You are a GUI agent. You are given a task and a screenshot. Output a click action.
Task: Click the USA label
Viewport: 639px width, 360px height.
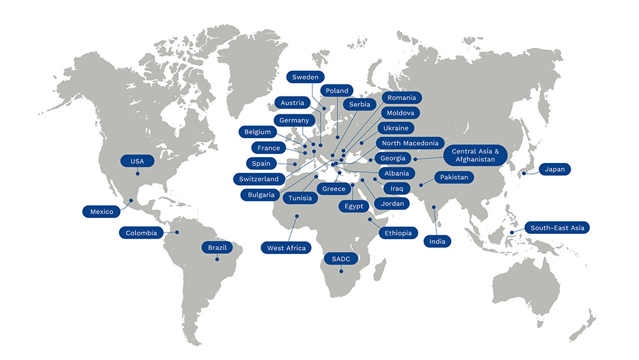coord(137,161)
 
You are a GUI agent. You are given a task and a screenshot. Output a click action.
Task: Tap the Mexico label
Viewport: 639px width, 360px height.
coord(102,211)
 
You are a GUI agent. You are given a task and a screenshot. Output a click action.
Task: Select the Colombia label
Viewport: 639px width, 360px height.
coord(141,233)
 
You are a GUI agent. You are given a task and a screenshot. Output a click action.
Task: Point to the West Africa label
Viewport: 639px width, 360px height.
coord(286,247)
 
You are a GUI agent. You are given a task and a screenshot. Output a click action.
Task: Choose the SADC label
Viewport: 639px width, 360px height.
coord(341,259)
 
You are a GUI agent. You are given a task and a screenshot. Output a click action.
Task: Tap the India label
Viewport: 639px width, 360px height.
coord(437,241)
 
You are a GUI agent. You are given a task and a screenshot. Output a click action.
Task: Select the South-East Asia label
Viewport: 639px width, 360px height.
coord(557,228)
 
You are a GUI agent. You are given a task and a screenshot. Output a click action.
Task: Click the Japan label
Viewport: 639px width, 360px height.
coord(555,169)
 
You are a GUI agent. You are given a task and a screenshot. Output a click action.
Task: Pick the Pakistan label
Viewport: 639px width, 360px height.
coord(454,177)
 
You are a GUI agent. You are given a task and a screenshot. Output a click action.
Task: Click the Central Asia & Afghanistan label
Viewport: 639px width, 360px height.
coord(479,154)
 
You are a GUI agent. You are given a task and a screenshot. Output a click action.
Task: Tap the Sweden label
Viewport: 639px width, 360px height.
coord(305,77)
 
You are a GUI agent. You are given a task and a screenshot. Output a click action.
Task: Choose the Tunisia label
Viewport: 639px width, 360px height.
coord(300,198)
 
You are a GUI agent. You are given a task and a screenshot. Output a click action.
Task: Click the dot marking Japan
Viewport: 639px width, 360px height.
coord(523,173)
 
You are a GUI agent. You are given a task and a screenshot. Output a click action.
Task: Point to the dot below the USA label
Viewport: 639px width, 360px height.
coord(137,173)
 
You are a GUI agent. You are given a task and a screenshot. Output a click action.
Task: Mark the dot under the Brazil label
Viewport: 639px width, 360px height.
coord(217,259)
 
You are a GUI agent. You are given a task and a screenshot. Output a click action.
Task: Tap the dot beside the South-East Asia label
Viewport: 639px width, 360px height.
coord(512,232)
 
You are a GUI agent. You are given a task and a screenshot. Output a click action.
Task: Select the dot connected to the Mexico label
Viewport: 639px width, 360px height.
coord(131,200)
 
